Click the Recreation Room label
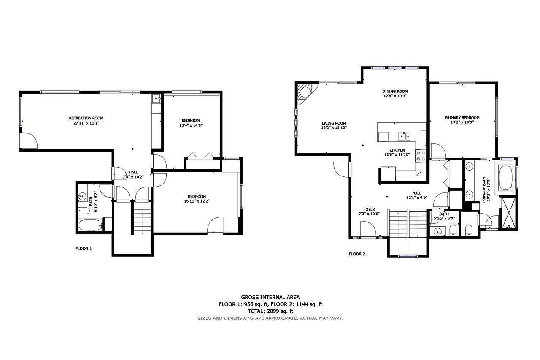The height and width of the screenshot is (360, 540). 86,118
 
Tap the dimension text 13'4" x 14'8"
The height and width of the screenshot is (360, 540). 191,125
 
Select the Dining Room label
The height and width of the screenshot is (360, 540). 395,92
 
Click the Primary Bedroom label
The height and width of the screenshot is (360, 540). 462,118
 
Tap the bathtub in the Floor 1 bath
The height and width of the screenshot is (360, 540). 90,225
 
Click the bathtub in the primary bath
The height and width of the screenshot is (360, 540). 506,178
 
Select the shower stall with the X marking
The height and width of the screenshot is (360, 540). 509,213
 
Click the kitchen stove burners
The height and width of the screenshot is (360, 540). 421,156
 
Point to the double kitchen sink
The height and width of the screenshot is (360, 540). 404,136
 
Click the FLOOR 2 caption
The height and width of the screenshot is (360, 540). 357,254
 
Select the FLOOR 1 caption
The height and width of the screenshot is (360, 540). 84,249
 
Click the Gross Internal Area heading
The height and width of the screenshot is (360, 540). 270,297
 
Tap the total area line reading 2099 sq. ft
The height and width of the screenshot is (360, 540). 270,311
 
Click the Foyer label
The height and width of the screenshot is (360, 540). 369,209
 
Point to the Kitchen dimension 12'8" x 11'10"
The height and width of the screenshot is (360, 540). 397,154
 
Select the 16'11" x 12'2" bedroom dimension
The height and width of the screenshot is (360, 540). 197,201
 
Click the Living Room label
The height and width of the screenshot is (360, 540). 334,123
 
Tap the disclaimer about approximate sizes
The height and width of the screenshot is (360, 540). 270,318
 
